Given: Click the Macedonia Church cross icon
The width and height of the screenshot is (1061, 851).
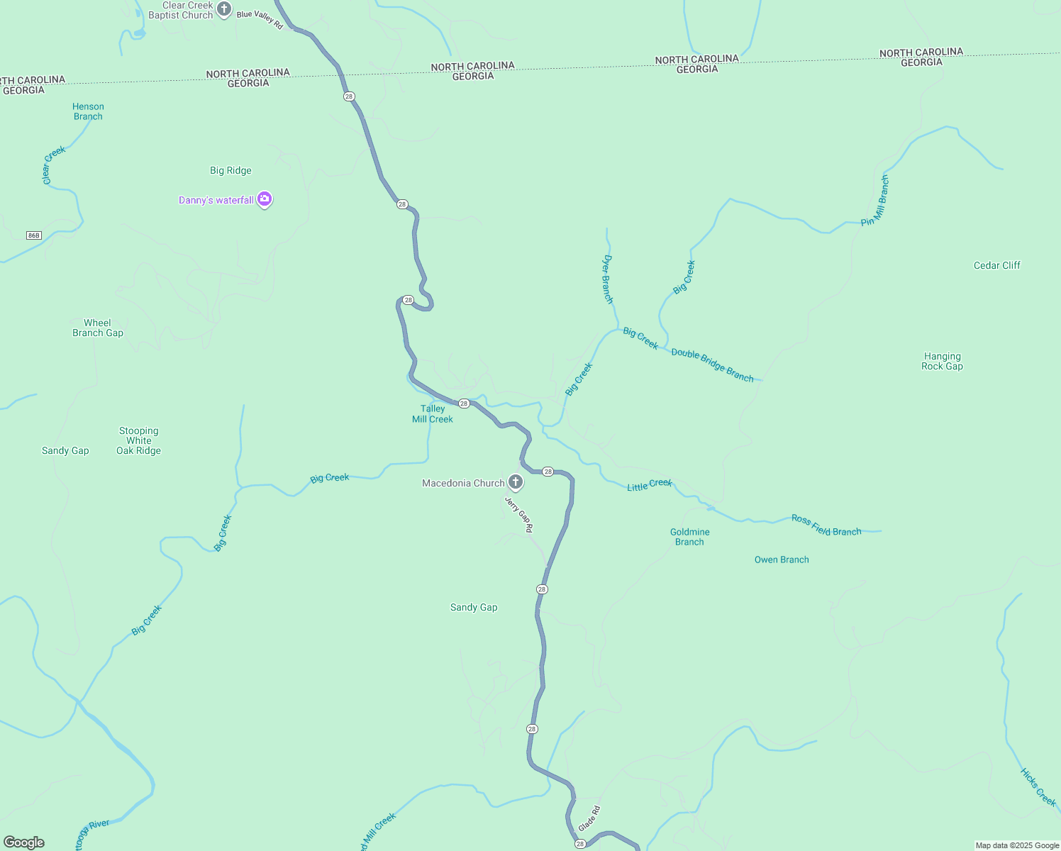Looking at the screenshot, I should [x=516, y=482].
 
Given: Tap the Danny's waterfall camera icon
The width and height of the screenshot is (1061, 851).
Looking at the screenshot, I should [x=265, y=199].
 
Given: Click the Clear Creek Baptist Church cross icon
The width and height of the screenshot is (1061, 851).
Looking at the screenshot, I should [x=224, y=9].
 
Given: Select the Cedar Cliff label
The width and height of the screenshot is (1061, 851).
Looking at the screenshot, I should [x=996, y=265].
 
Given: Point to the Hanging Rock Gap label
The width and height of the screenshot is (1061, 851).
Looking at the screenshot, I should [x=942, y=361].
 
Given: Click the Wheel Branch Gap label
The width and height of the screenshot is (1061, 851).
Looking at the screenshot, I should [x=98, y=328].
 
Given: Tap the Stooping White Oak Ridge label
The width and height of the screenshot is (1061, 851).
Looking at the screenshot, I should [x=138, y=440].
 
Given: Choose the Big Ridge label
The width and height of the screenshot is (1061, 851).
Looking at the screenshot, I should [x=230, y=170].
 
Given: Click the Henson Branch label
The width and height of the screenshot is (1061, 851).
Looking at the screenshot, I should [x=88, y=111].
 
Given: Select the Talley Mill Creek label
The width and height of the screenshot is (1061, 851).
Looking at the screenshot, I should [x=433, y=413].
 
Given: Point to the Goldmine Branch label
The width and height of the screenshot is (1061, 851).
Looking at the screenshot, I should [x=689, y=537].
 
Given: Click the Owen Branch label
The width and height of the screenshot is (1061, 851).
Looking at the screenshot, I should [x=782, y=560].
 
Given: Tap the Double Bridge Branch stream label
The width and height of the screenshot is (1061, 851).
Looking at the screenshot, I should [x=712, y=365].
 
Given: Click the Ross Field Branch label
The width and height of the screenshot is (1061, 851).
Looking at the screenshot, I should [x=826, y=525].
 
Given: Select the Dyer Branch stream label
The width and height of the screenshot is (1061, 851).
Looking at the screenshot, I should [x=608, y=279].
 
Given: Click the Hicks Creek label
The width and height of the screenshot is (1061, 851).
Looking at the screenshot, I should [x=1038, y=786].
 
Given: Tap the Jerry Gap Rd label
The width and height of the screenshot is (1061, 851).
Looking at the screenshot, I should [x=518, y=514].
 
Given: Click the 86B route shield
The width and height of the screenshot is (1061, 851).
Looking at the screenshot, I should [x=33, y=235].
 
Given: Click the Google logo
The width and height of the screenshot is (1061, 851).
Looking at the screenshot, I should [x=24, y=842].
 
